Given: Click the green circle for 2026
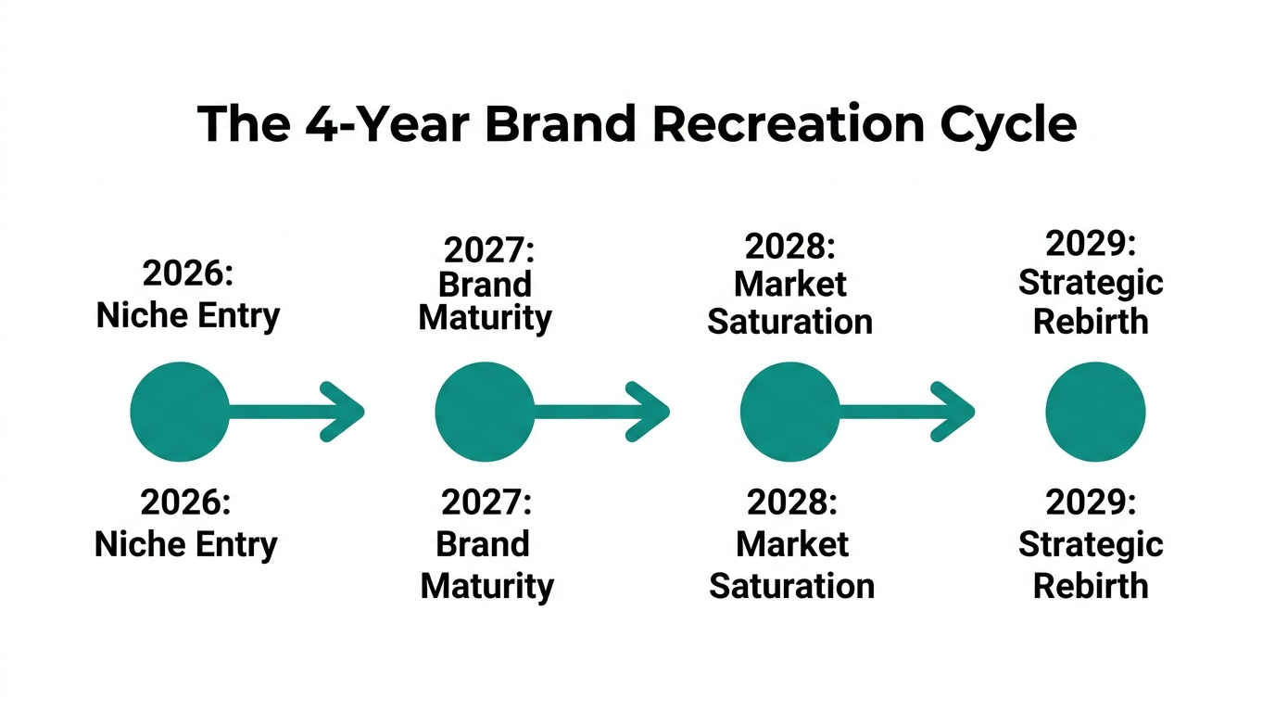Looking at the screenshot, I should [180, 412].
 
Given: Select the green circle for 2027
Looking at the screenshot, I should [485, 412].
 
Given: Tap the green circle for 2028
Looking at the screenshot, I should [790, 412].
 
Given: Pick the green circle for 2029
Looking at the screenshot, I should [1095, 412].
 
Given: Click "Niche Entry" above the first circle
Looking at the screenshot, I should [188, 316].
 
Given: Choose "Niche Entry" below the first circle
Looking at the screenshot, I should [186, 544].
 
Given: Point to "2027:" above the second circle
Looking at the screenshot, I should [489, 250].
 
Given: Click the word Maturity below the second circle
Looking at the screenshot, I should [486, 586].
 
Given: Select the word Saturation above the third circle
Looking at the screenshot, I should [789, 322].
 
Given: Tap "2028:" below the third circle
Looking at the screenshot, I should [792, 502].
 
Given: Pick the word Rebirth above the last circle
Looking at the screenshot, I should [1091, 322].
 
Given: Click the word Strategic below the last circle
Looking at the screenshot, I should [1091, 544].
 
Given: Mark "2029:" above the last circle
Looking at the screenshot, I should [1091, 244].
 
